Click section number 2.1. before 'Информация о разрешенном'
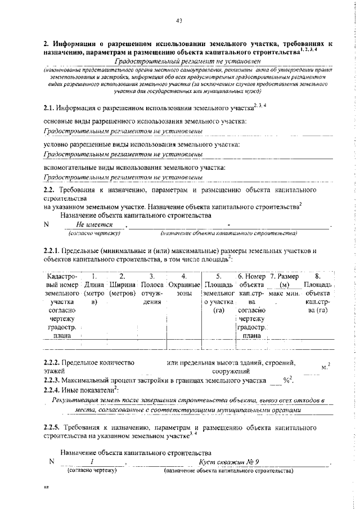[x=49, y=108]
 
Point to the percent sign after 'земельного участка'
[x=286, y=381]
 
